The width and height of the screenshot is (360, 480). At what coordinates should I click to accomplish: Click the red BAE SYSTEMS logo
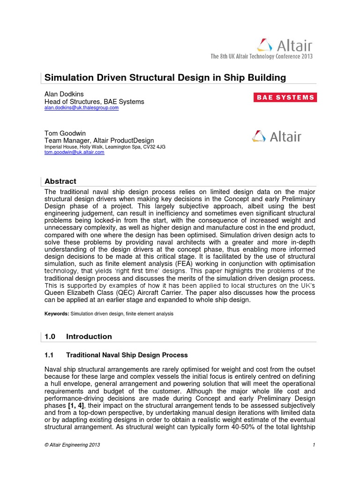[x=285, y=97]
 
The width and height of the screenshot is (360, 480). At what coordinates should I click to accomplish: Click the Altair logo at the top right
[x=284, y=45]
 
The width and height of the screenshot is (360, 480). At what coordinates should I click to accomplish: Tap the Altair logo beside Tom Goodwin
[x=277, y=136]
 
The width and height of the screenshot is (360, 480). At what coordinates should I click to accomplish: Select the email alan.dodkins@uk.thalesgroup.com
[x=81, y=108]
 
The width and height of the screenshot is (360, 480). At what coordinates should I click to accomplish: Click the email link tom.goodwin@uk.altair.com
[x=74, y=152]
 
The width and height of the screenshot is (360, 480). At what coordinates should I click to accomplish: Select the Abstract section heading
[x=60, y=181]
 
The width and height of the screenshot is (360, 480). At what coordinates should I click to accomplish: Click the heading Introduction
[x=89, y=337]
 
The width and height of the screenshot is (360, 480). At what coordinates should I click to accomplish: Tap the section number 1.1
[x=49, y=355]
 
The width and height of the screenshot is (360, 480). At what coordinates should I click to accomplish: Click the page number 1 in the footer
[x=314, y=445]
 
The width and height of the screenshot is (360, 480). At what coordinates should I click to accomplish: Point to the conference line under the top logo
[x=261, y=57]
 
